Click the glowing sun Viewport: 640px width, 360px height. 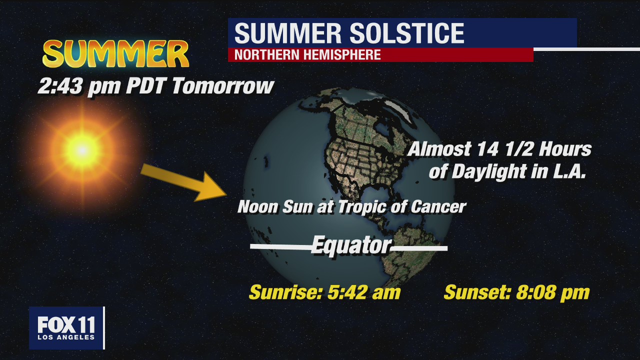click(x=82, y=150)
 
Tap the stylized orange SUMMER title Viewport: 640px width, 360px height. click(x=115, y=53)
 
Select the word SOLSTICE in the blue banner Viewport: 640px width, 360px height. click(x=407, y=33)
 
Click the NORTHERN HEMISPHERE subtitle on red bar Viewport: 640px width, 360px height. click(x=307, y=54)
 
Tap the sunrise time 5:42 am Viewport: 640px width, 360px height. click(x=364, y=292)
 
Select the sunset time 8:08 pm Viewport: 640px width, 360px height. click(x=553, y=292)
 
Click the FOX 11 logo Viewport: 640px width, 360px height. click(x=66, y=327)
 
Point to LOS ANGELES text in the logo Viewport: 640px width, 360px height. click(x=66, y=337)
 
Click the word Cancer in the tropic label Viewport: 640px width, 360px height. click(x=438, y=206)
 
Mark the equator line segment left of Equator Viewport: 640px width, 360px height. click(x=280, y=247)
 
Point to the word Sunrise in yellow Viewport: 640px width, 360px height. click(x=286, y=292)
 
